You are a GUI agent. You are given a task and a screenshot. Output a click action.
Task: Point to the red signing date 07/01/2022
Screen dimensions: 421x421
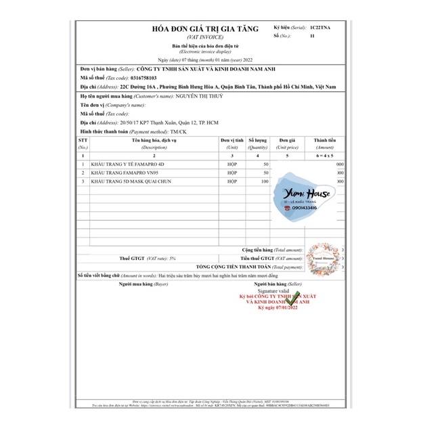pos(278,308)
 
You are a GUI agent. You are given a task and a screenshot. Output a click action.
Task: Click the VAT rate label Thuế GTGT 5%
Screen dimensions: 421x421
pos(147,259)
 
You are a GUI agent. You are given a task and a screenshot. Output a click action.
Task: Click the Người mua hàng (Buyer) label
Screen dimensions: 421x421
pos(143,284)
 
